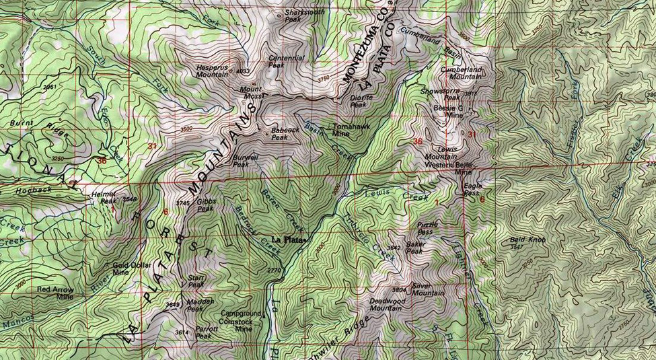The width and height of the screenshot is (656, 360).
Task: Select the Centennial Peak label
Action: click(x=286, y=61)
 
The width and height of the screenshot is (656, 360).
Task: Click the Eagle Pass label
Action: click(x=472, y=190)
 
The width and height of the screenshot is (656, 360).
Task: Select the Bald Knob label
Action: click(x=527, y=240)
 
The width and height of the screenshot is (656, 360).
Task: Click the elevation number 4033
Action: click(x=243, y=71)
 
